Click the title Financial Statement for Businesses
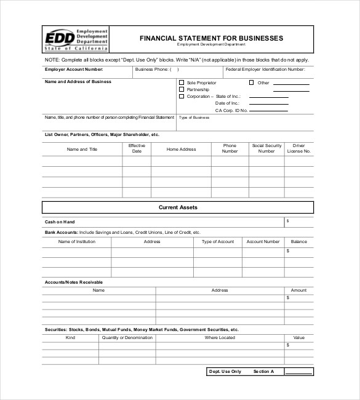[211, 38]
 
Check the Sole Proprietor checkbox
[182, 82]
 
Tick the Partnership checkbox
[182, 89]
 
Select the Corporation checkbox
[182, 97]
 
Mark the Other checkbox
[251, 82]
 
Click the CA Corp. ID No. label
[231, 111]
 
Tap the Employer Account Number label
[68, 70]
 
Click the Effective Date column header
[137, 148]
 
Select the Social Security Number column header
[266, 148]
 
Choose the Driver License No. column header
[299, 148]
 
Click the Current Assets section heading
[178, 207]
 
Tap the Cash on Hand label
[59, 222]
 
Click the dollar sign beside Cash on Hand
[287, 220]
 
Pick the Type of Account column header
[218, 242]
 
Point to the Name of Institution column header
[77, 242]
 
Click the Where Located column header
[220, 338]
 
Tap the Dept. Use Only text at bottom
[225, 372]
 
